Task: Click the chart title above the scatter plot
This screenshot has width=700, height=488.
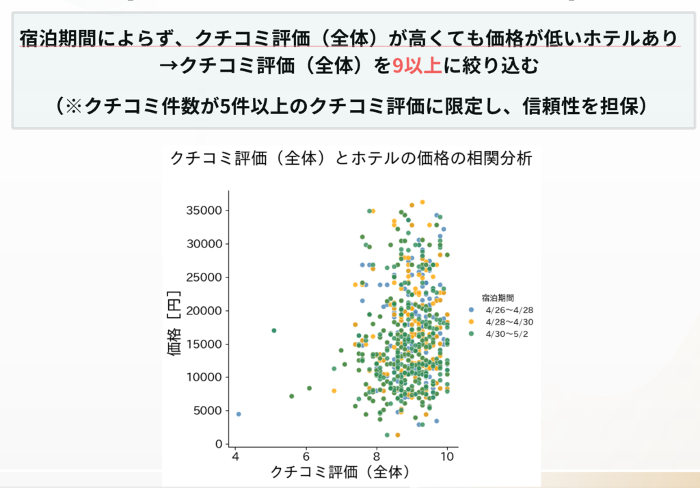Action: (351, 159)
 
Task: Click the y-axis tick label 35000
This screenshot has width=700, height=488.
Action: (204, 211)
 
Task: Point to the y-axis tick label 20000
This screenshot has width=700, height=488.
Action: (204, 311)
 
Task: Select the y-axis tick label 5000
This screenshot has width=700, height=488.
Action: (208, 411)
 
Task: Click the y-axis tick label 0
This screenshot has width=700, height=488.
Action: (219, 444)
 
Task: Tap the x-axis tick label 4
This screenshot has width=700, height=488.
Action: (236, 457)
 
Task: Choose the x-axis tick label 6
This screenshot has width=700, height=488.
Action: (306, 457)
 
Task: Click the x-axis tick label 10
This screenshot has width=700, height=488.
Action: (447, 457)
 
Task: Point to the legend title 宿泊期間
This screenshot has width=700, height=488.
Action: (498, 298)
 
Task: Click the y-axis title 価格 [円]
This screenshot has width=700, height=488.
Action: (174, 323)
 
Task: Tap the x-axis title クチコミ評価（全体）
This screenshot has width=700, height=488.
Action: (340, 472)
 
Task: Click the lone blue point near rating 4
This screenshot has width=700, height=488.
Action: (239, 414)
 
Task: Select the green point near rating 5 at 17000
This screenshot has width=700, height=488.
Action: (274, 330)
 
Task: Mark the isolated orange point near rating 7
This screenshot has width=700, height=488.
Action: (334, 391)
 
